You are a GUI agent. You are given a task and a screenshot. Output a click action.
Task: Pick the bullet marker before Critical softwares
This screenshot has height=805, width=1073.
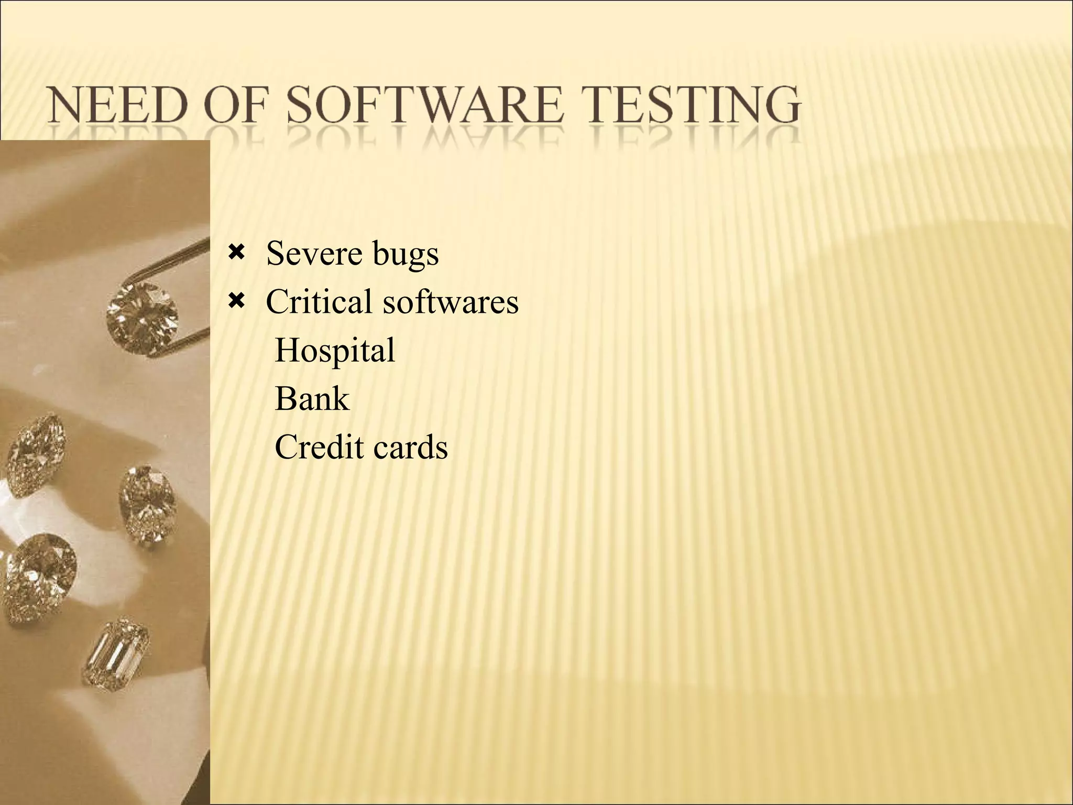236,301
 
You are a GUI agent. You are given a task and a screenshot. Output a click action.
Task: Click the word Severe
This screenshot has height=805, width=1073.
314,254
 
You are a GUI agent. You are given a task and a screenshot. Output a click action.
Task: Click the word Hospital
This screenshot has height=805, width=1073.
335,351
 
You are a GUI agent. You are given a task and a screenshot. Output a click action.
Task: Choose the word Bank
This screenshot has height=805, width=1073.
312,399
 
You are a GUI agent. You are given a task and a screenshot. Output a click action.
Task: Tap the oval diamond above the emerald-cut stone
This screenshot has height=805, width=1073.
147,503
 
